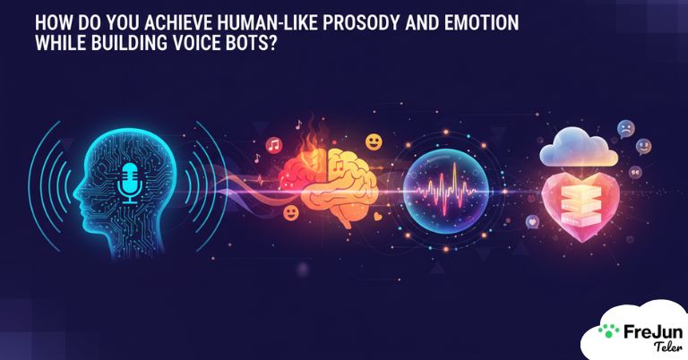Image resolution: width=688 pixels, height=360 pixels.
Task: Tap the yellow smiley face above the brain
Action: click(x=373, y=141)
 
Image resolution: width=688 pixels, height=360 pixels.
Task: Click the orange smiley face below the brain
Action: click(x=290, y=213)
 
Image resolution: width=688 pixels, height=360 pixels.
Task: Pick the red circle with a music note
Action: click(x=273, y=144)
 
